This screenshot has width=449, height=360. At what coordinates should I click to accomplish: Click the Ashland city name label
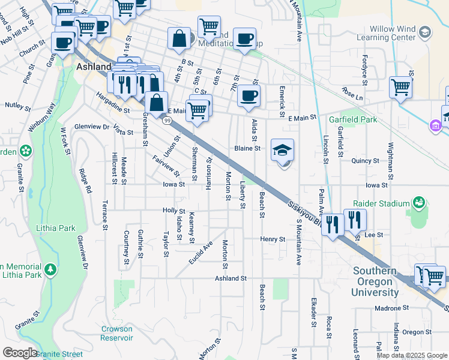[x=93, y=67]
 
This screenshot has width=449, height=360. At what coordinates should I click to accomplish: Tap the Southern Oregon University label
[x=376, y=282]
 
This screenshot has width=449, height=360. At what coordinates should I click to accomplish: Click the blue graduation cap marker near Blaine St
[x=283, y=151]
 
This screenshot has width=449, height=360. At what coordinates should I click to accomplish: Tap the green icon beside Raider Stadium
[x=418, y=203]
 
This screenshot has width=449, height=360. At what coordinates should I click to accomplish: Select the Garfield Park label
[x=353, y=119]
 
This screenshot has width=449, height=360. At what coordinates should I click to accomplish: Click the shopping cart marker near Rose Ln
[x=400, y=87]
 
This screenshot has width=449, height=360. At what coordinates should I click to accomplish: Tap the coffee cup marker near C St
[x=248, y=95]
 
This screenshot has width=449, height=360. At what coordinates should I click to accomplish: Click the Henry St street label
[x=273, y=239]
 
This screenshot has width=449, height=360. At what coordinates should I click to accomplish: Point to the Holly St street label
[x=173, y=210]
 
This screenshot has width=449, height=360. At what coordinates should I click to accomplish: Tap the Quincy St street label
[x=366, y=161]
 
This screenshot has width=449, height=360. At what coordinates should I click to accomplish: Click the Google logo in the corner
[x=19, y=353]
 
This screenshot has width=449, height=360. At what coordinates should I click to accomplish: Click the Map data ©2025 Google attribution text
[x=411, y=355]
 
